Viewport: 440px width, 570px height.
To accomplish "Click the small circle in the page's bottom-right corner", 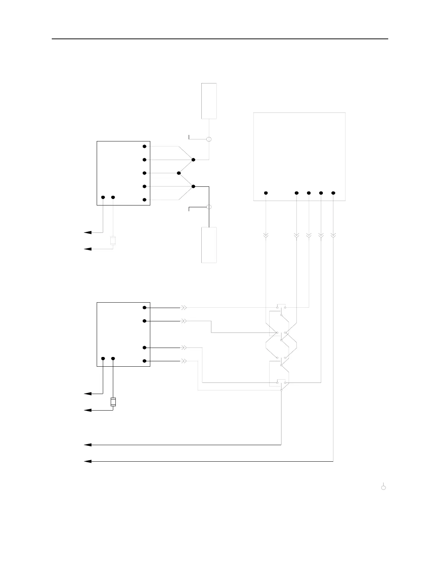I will click(x=384, y=488).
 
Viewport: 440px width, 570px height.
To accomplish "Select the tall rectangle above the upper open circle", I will click(x=209, y=101).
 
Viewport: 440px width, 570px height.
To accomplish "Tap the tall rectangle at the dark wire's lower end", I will click(x=209, y=245).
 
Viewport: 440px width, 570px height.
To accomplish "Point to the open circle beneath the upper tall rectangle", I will click(x=209, y=139).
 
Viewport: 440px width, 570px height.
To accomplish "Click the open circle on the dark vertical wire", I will click(x=209, y=207).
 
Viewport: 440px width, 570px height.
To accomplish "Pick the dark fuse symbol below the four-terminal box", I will click(x=113, y=402).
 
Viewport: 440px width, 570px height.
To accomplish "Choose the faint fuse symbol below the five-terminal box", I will click(x=113, y=240).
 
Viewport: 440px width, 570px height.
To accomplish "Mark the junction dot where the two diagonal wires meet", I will click(x=179, y=173).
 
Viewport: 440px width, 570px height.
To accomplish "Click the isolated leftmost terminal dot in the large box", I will click(x=266, y=193).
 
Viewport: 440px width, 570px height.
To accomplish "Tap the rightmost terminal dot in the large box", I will click(x=333, y=193).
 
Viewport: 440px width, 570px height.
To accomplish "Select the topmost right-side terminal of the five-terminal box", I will click(x=144, y=146).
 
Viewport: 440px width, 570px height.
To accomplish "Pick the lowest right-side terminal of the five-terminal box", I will click(x=144, y=200).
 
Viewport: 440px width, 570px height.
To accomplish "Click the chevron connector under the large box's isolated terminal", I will click(x=266, y=235).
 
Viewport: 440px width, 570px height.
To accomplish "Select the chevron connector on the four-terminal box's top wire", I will click(x=183, y=308).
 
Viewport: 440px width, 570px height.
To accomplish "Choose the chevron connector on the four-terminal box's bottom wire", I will click(x=183, y=361).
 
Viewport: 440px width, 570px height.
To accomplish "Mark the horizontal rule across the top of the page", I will click(x=220, y=39).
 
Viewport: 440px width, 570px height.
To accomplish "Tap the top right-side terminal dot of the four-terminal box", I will click(x=144, y=308).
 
